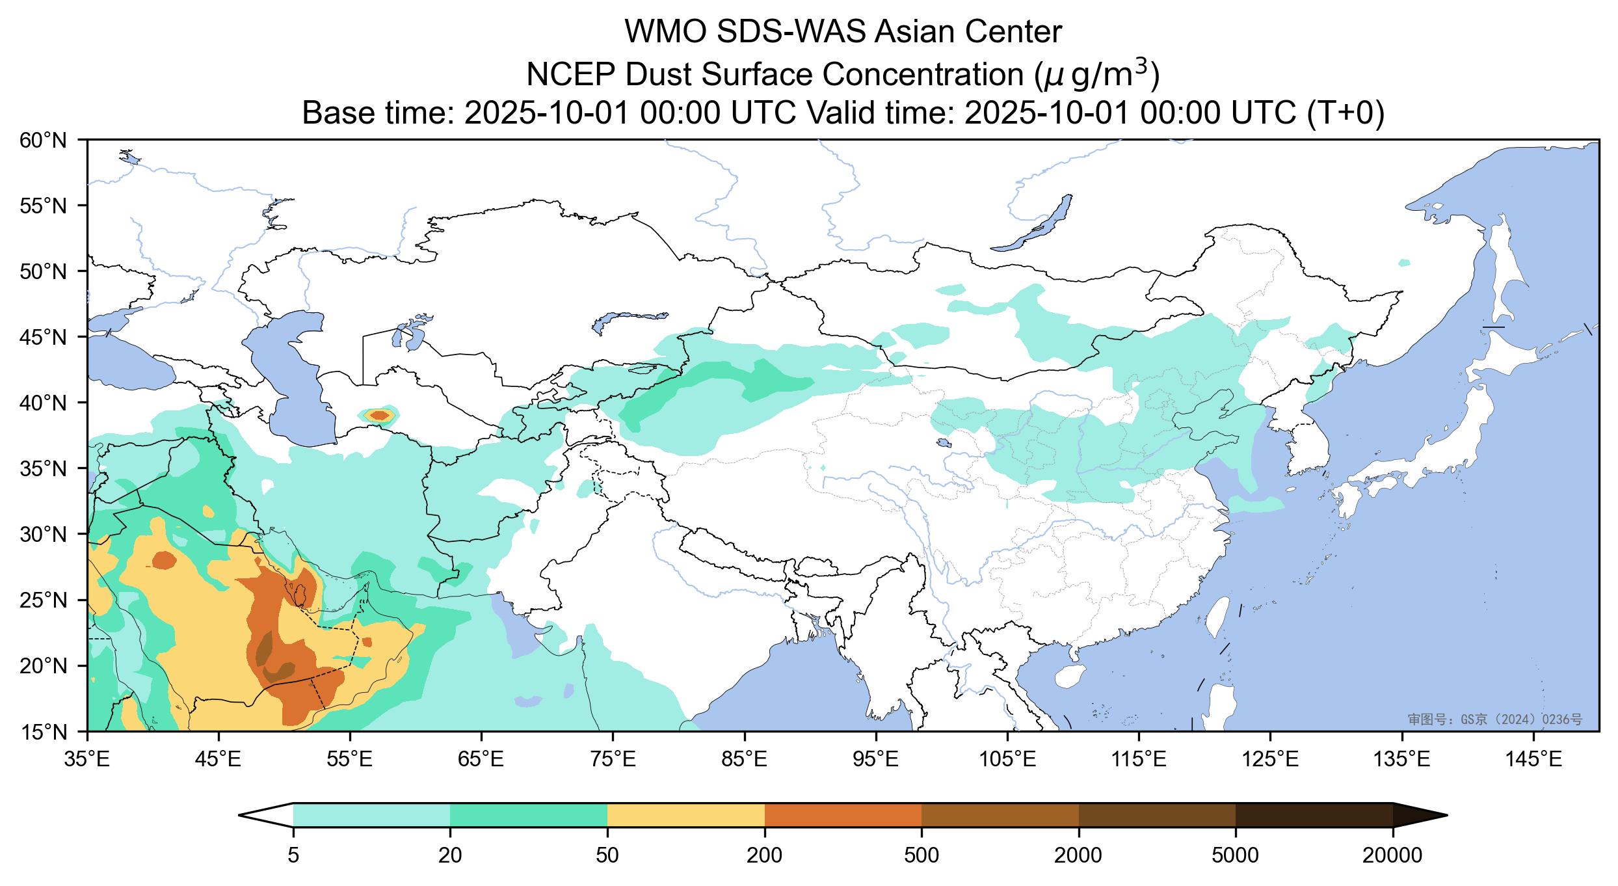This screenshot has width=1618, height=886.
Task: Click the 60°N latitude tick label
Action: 47,140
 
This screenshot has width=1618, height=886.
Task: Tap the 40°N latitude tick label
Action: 47,403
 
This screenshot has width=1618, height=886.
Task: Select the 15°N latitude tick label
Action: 47,732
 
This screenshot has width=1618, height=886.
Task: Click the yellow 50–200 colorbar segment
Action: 685,815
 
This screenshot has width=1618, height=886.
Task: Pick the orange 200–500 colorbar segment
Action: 843,815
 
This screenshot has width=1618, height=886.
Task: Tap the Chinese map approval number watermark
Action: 1495,719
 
